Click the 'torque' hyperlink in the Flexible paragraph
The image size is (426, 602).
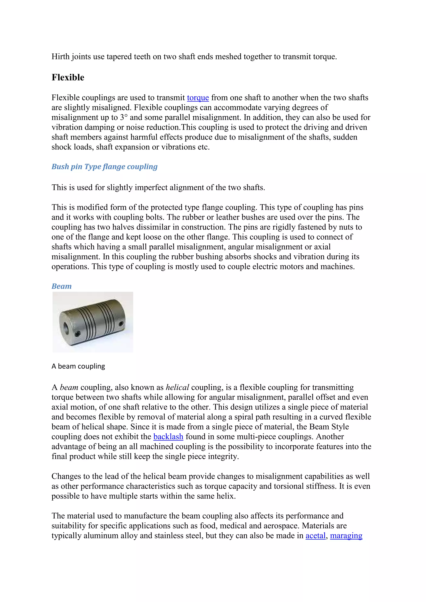click(198, 98)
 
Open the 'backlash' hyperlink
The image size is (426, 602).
click(168, 437)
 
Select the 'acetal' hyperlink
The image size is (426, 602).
click(315, 536)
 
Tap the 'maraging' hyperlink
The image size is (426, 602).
click(346, 536)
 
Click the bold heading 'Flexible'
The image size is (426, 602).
click(68, 78)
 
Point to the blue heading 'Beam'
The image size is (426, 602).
click(62, 286)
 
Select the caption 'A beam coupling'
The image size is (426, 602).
click(78, 366)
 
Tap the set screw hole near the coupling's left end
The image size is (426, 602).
click(77, 334)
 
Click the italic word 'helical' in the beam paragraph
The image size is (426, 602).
click(177, 387)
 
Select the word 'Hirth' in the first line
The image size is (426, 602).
click(60, 57)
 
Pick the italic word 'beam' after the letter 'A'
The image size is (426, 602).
click(69, 387)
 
